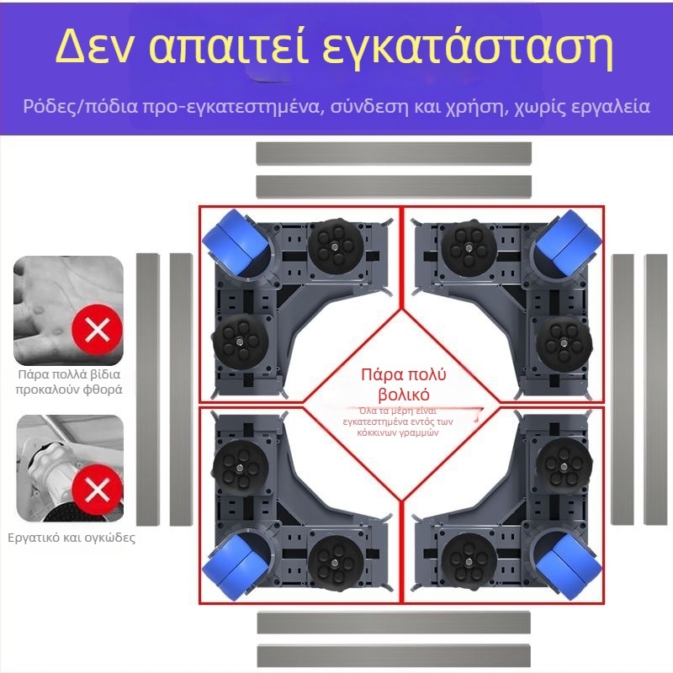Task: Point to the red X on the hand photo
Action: point(98,329)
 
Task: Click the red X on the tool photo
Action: point(98,490)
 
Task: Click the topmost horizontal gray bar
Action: point(394,153)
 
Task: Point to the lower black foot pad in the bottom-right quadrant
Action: point(469,557)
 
